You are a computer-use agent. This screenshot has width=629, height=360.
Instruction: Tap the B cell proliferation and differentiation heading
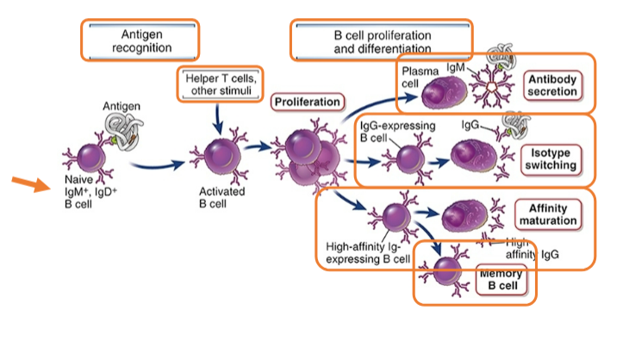(x=382, y=39)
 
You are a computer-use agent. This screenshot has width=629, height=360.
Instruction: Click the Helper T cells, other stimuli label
(x=220, y=84)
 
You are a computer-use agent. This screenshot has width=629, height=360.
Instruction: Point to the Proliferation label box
(x=308, y=102)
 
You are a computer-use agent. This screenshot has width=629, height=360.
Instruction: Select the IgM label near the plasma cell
(x=457, y=66)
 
